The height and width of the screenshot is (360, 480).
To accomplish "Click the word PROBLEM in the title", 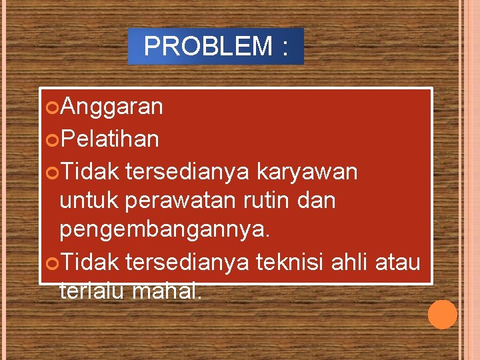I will pos(208,47).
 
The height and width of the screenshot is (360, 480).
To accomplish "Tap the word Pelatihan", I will pos(110,139).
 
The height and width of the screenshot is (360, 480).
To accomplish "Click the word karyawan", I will pos(307,172).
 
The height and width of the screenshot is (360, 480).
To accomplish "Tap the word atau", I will pos(399,263).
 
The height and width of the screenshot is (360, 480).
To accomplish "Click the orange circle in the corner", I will pos(442,314).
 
